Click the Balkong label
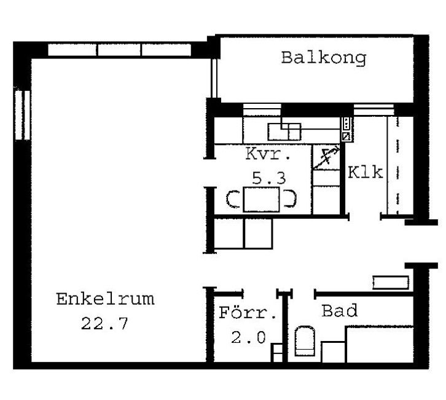(x=324, y=58)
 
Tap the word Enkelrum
(x=105, y=299)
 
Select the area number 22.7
(x=104, y=323)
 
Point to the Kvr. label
(x=268, y=154)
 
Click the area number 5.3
(x=269, y=178)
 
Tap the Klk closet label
(x=366, y=172)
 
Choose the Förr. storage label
(x=248, y=313)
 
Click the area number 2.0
(x=248, y=337)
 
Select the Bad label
(x=340, y=310)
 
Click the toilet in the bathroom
(x=305, y=341)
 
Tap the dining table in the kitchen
(x=262, y=199)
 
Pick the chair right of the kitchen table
(x=289, y=198)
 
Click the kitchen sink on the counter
(x=284, y=131)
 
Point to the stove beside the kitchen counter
(x=346, y=130)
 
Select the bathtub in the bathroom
(x=380, y=345)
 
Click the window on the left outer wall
(x=23, y=115)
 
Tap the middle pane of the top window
(x=119, y=50)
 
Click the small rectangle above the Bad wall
(x=391, y=283)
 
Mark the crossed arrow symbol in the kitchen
(x=326, y=158)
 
